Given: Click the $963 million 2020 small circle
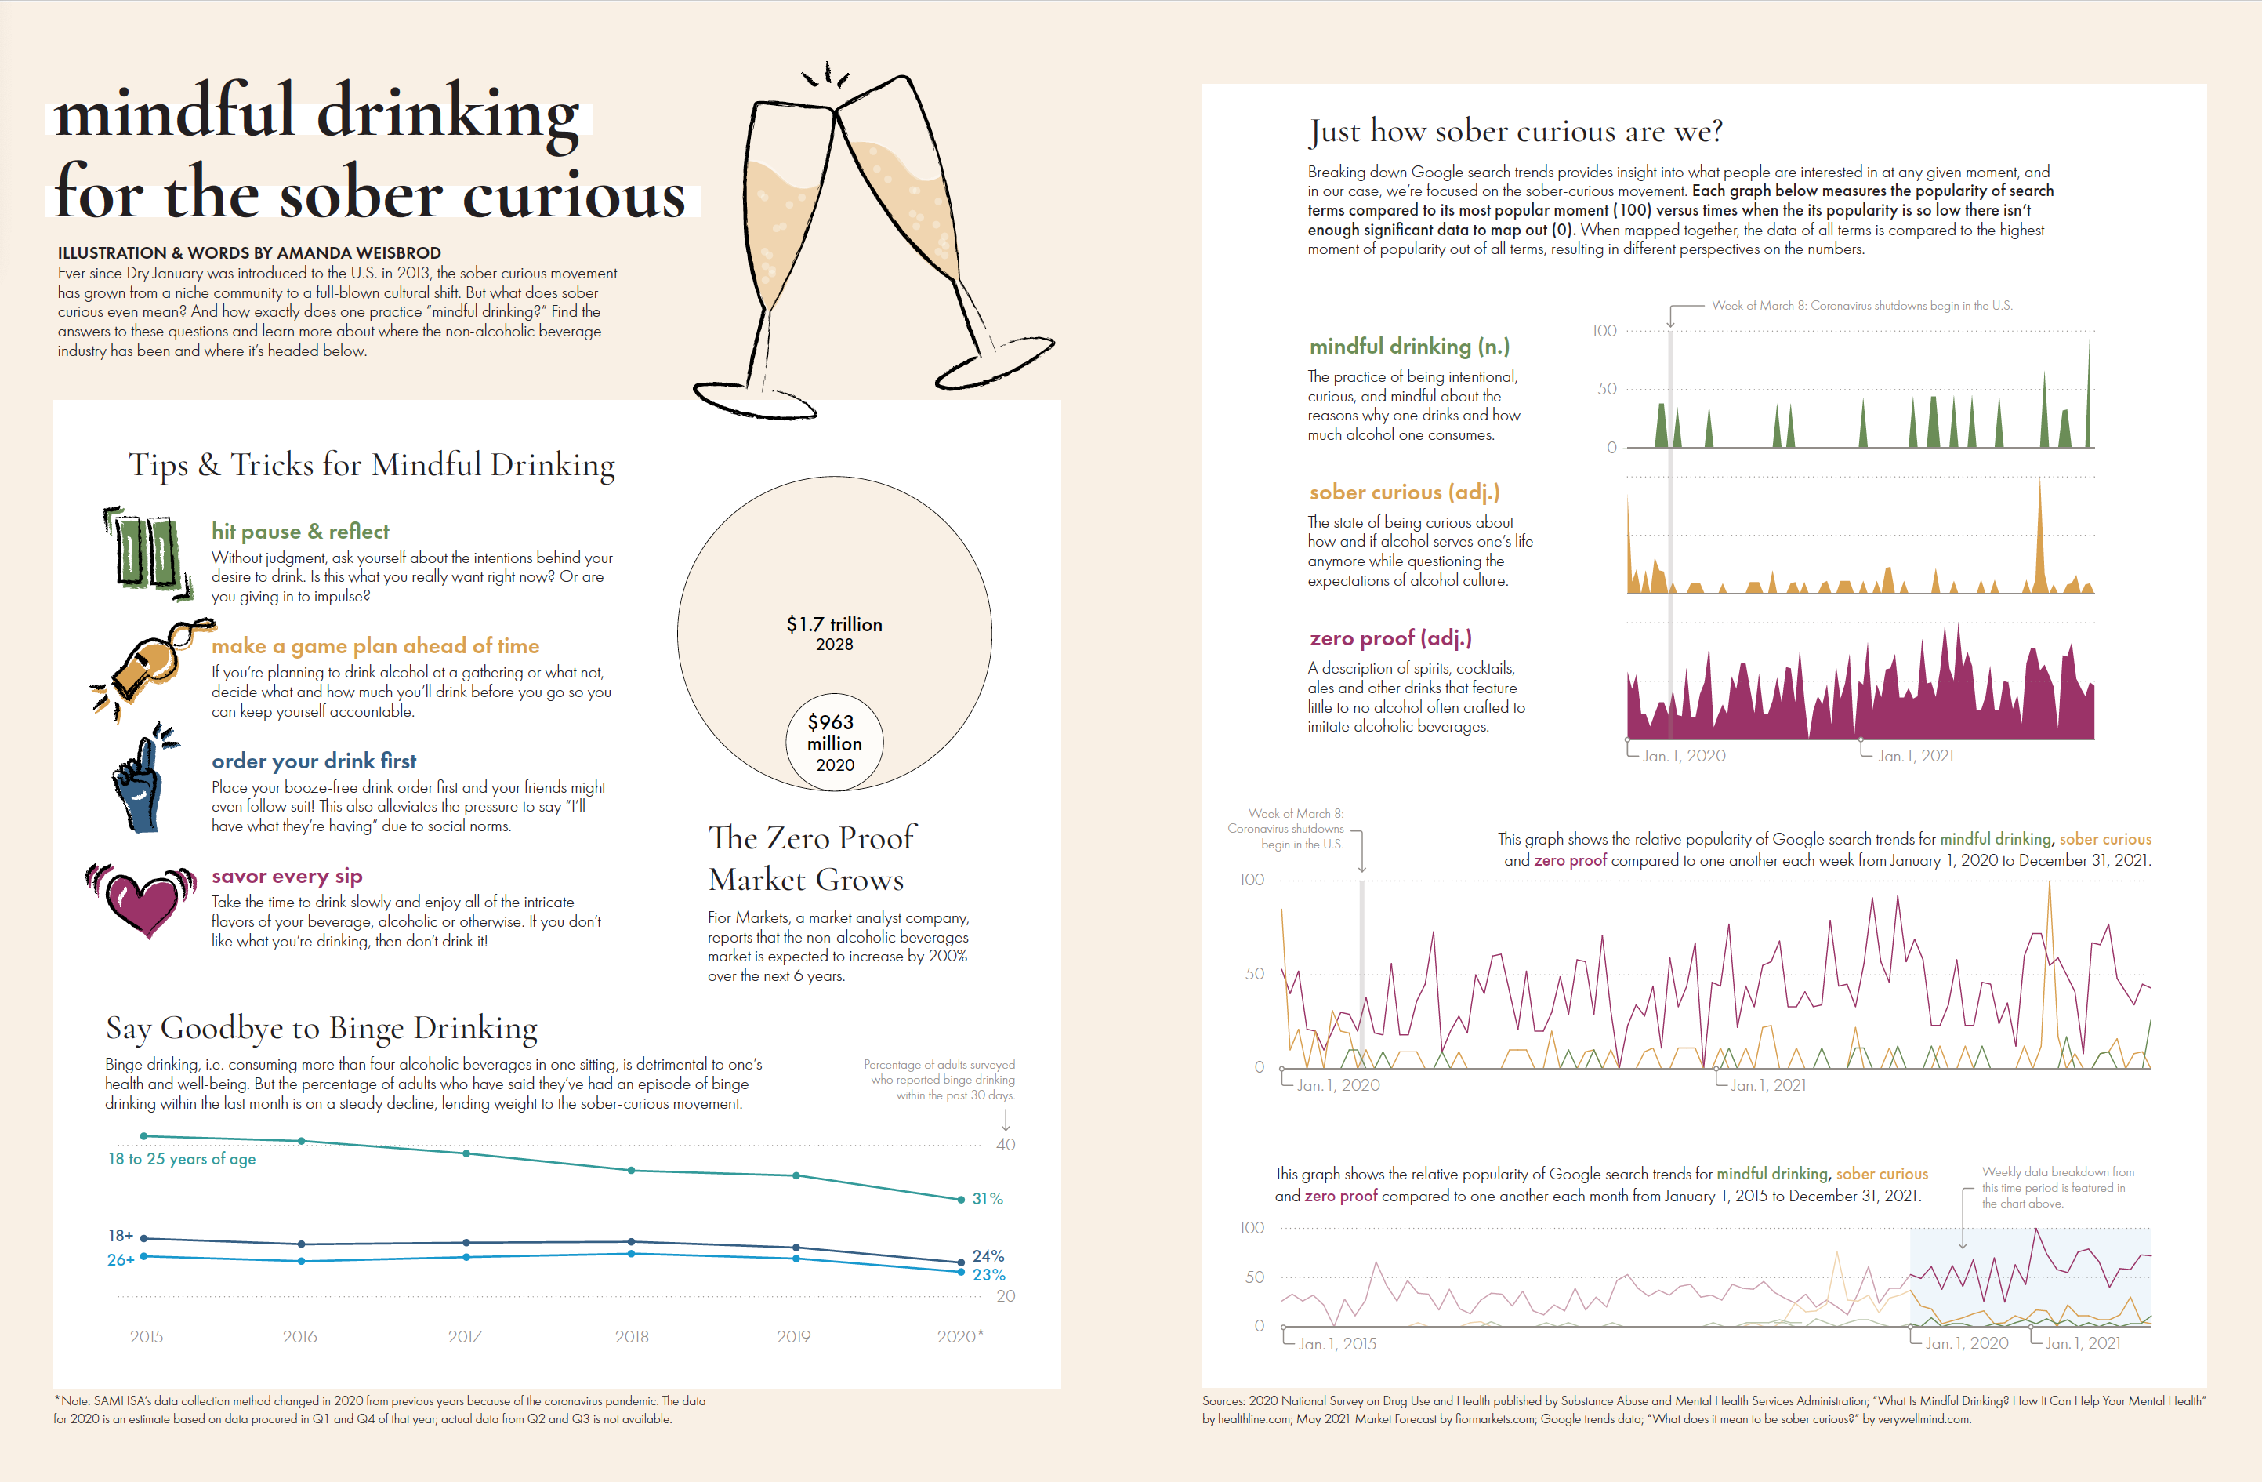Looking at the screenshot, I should click(835, 743).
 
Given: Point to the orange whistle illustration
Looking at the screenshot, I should click(152, 666).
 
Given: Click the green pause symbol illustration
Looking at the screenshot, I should click(147, 551).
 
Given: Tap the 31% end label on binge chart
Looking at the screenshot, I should click(988, 1199).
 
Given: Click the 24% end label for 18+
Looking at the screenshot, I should click(988, 1255).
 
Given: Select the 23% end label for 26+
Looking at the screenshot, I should click(988, 1275).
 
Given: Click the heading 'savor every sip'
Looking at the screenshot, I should click(287, 876).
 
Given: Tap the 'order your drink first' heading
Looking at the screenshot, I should click(314, 761).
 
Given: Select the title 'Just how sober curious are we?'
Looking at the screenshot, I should click(1515, 131).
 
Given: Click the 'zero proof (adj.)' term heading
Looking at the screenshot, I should click(1390, 637).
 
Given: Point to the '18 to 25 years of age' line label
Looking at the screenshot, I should click(182, 1159).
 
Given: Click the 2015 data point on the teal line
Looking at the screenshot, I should click(143, 1136).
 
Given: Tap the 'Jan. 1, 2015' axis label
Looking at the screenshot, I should click(1337, 1343).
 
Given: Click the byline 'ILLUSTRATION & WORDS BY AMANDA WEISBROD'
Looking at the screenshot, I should click(249, 252).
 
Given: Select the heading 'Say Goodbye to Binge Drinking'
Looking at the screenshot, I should click(321, 1028).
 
